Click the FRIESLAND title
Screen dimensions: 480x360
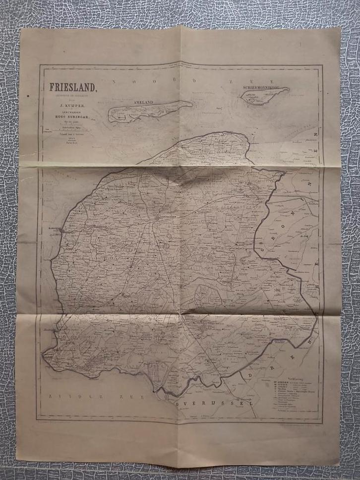coord(73,88)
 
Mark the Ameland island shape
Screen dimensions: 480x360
coord(149,110)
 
